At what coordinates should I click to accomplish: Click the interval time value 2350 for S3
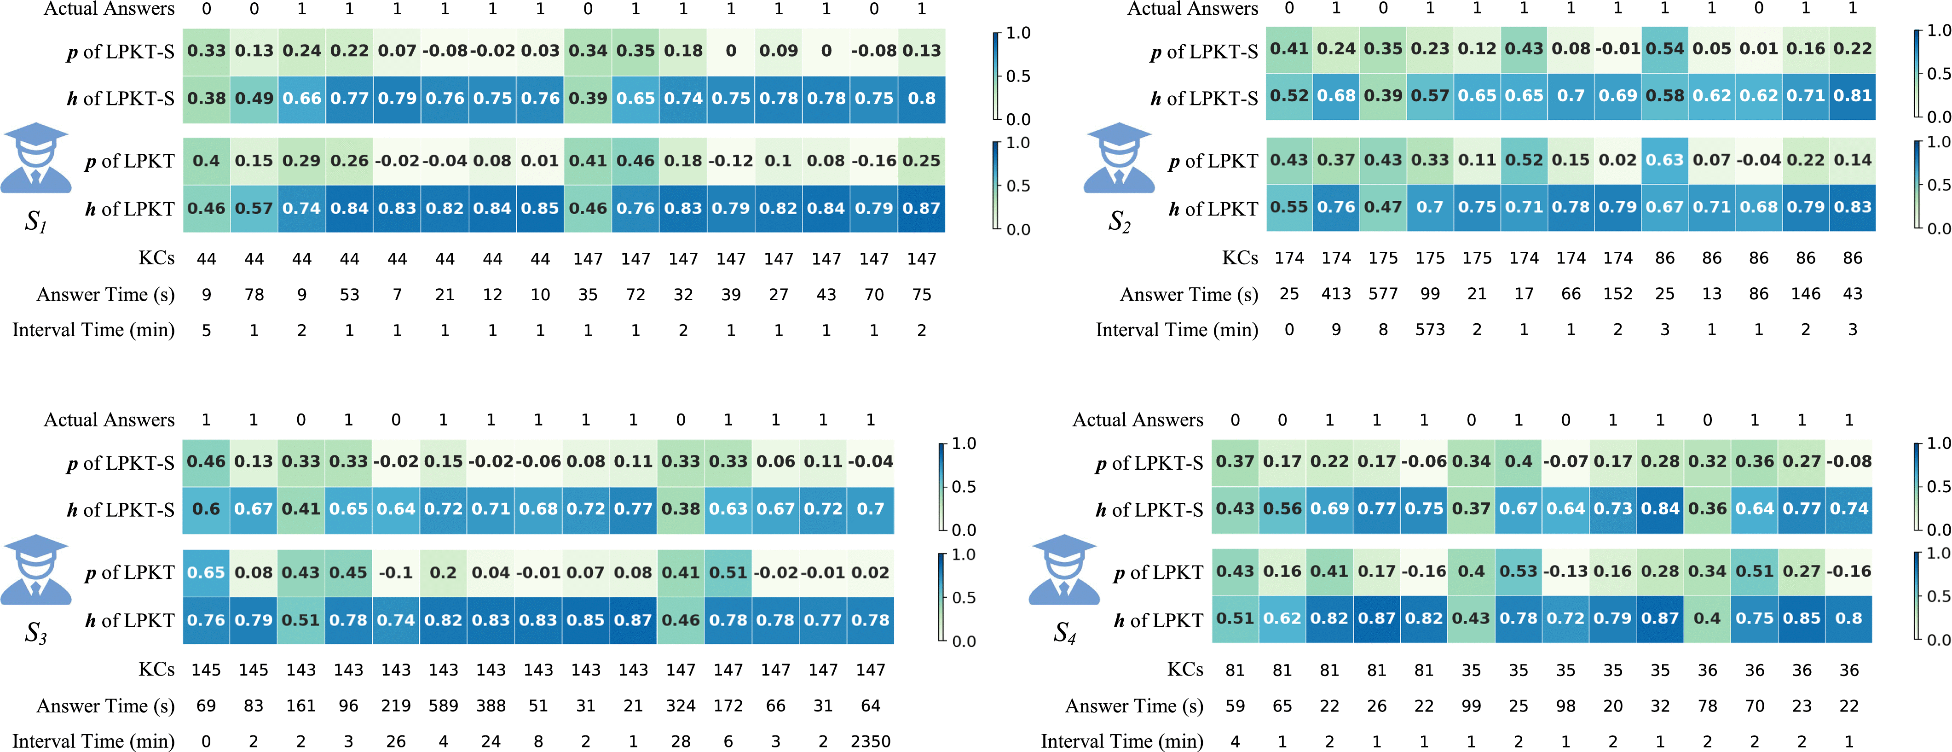click(x=870, y=740)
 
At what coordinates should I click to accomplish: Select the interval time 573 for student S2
click(x=1430, y=330)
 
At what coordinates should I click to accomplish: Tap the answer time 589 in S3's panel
click(x=443, y=706)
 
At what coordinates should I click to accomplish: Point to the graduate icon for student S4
click(x=1064, y=570)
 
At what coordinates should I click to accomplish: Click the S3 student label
click(x=35, y=632)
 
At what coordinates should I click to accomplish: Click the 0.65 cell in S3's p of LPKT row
click(x=206, y=572)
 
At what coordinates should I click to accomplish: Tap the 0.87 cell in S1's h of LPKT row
click(x=921, y=209)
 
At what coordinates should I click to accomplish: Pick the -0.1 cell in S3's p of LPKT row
click(x=396, y=572)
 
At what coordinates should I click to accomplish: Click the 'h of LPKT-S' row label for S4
click(x=1149, y=509)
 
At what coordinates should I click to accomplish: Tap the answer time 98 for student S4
click(x=1565, y=706)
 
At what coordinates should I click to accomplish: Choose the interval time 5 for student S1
click(x=206, y=330)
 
